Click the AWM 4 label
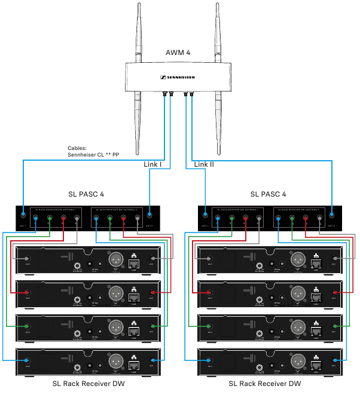pyautogui.click(x=178, y=53)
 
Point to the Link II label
pyautogui.click(x=204, y=164)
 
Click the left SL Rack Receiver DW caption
pyautogui.click(x=89, y=383)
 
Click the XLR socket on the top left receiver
pyautogui.click(x=115, y=259)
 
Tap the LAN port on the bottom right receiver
pyautogui.click(x=315, y=361)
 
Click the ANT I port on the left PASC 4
pyautogui.click(x=22, y=216)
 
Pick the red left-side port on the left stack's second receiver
pyautogui.click(x=26, y=293)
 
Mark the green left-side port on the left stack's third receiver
pyautogui.click(x=26, y=326)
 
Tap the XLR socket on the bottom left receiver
pyautogui.click(x=115, y=360)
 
